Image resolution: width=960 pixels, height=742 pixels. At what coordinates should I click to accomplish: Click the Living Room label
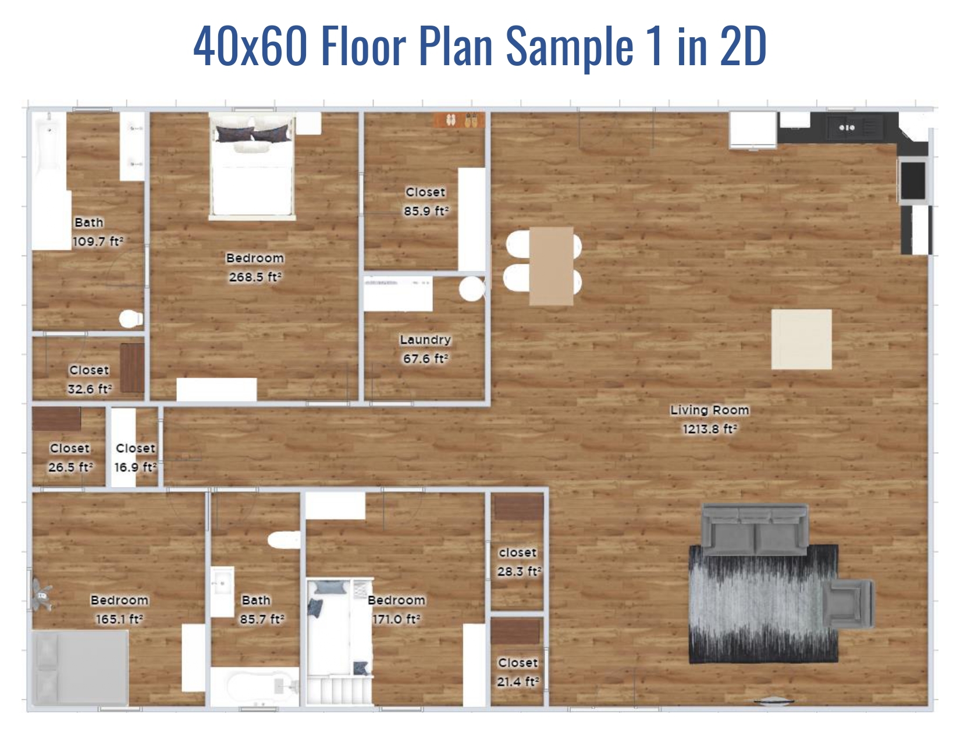tap(709, 410)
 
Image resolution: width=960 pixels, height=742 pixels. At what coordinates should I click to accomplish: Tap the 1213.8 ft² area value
tap(709, 429)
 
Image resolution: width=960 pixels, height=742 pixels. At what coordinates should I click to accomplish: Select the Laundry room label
tap(425, 340)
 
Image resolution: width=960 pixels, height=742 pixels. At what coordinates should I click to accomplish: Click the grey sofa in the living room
tap(755, 528)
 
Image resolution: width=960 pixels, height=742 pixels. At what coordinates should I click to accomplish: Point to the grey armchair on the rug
tap(848, 603)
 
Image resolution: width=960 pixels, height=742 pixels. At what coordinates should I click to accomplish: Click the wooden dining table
tap(551, 266)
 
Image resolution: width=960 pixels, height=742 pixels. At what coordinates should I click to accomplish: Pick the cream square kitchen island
tap(801, 339)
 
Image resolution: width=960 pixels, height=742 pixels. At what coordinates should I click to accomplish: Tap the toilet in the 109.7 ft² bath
tap(131, 319)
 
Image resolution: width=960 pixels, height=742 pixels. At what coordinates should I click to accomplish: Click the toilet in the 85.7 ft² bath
tap(284, 539)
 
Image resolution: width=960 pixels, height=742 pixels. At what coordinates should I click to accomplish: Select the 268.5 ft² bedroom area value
tap(255, 278)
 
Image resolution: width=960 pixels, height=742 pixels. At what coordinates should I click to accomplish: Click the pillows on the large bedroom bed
tap(253, 133)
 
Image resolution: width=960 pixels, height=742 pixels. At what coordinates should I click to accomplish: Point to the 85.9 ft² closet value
tap(426, 211)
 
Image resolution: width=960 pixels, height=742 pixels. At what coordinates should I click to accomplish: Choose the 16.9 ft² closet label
tap(136, 448)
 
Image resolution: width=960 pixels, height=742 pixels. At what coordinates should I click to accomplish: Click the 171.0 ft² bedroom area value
tap(396, 619)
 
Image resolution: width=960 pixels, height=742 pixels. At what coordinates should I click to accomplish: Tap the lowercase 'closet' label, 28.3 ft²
tap(517, 553)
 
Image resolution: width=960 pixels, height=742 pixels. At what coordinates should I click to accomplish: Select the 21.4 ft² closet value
tap(517, 681)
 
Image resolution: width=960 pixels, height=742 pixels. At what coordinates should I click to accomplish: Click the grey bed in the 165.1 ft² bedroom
tap(80, 668)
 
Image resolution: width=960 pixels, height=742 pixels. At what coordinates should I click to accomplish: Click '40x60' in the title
tap(250, 47)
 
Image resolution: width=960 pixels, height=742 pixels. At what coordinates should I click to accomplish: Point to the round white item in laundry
tap(471, 289)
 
